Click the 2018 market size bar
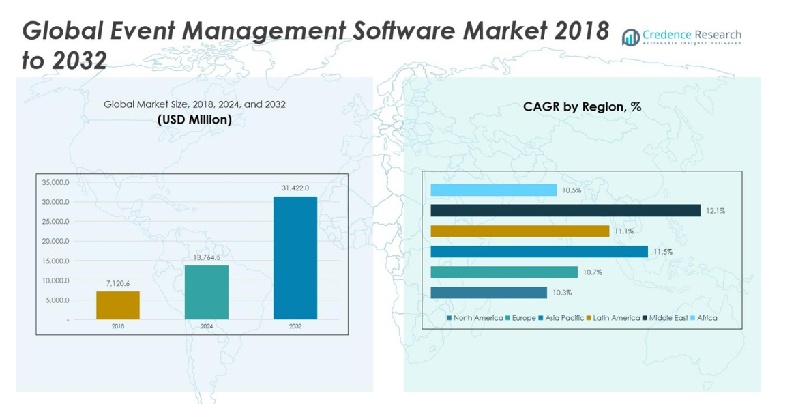117,305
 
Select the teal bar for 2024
207,292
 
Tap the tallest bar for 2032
295,257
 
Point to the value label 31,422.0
295,188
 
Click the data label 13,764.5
207,257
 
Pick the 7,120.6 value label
117,283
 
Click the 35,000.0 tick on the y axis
55,182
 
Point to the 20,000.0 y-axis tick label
55,241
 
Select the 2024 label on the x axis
207,327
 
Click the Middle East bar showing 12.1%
565,211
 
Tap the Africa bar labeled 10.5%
493,190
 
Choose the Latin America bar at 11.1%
520,231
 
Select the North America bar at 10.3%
488,293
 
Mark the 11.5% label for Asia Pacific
663,252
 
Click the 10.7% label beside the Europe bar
592,272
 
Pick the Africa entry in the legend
704,318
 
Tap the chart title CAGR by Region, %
582,106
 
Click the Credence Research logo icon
631,37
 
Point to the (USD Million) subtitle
194,119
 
